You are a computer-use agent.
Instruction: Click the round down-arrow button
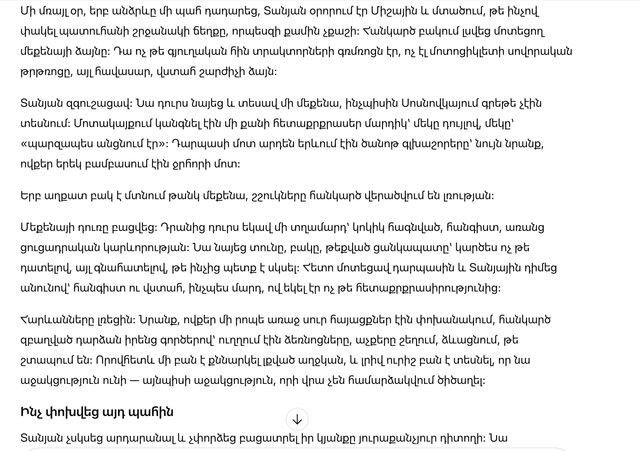(297, 419)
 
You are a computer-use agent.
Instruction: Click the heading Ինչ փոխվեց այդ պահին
(97, 412)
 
